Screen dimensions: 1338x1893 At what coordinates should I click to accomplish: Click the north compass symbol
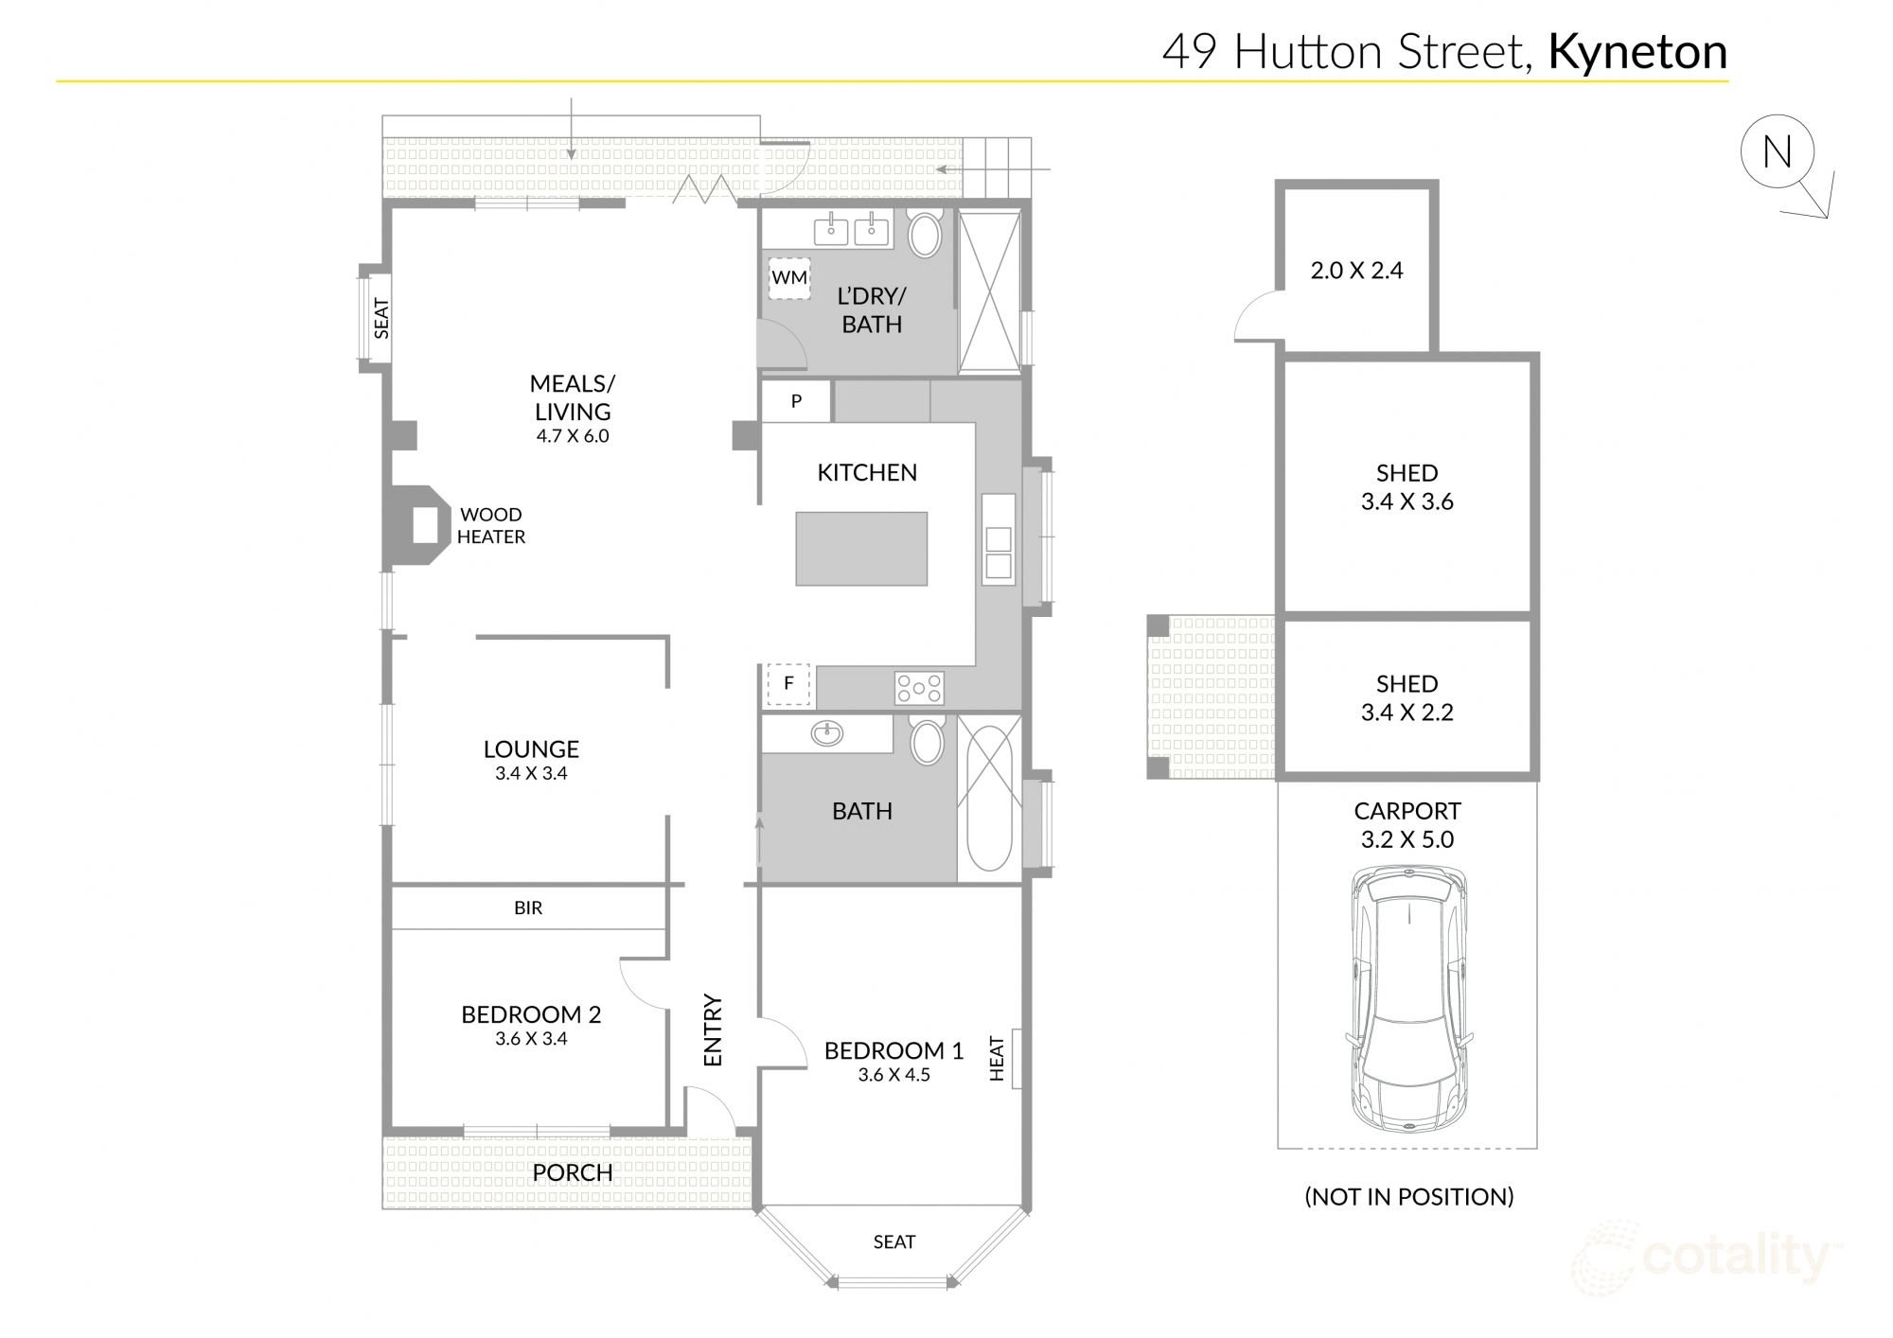point(1778,152)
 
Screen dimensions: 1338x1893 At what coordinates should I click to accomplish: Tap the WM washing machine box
point(788,278)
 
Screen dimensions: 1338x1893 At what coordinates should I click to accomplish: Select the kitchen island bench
point(861,549)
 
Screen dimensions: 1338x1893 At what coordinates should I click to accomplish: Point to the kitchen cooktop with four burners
point(919,688)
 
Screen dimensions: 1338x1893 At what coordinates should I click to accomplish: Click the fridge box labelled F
point(789,683)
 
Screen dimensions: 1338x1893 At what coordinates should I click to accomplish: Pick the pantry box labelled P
point(796,401)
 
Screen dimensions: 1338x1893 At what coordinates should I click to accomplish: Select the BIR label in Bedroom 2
point(528,908)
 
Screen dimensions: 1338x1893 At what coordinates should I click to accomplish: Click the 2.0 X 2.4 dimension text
point(1356,271)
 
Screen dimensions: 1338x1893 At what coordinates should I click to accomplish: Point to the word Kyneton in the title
point(1637,52)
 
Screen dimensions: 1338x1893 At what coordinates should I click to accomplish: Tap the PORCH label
point(572,1173)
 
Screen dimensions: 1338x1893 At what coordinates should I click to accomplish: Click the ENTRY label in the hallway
point(714,1030)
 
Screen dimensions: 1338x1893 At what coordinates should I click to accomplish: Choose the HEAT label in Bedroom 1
point(997,1059)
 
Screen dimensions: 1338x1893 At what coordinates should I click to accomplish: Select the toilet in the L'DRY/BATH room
point(926,234)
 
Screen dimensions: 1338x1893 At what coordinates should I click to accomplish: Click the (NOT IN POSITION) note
point(1408,1197)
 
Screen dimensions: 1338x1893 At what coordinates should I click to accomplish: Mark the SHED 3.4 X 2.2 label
point(1406,698)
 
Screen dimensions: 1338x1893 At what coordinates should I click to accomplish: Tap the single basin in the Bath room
point(827,733)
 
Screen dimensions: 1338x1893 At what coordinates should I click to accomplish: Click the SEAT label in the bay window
point(893,1242)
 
